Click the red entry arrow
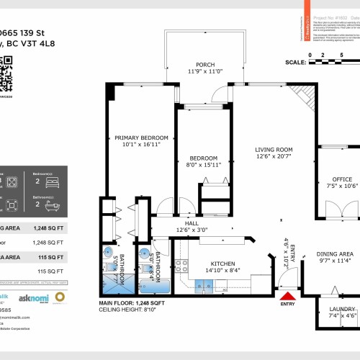[288, 296]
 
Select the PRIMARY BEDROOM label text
[141, 138]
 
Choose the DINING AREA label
[336, 253]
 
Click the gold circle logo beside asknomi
[60, 297]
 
